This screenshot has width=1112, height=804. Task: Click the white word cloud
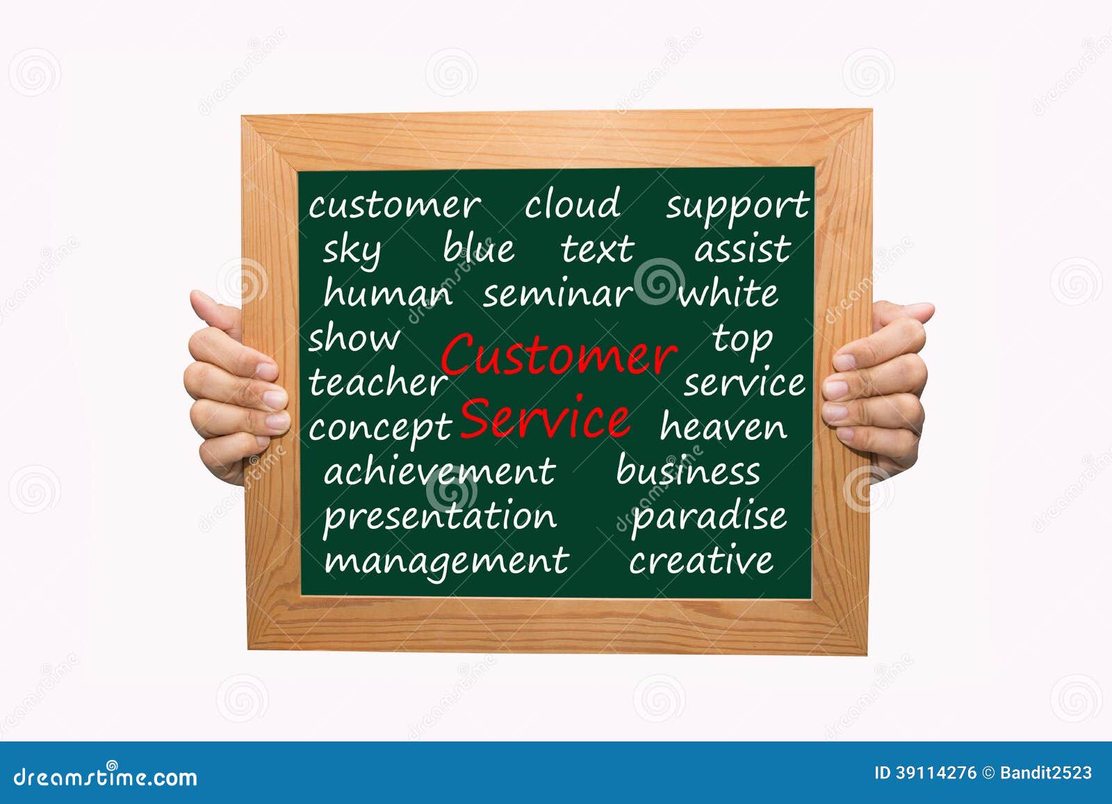(572, 204)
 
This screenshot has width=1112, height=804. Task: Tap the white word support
(737, 207)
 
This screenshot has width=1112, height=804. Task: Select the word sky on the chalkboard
(352, 251)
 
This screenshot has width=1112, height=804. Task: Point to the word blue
(479, 248)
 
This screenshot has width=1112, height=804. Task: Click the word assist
(742, 249)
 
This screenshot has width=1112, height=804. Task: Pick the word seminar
(557, 294)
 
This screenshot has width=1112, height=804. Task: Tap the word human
(388, 293)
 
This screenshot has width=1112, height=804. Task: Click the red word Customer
(558, 355)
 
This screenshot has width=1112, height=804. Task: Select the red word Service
(545, 419)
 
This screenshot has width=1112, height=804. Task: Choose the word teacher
(378, 382)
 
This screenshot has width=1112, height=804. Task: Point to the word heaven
(723, 426)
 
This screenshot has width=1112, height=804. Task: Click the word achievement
(439, 471)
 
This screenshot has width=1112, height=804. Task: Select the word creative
(701, 561)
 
